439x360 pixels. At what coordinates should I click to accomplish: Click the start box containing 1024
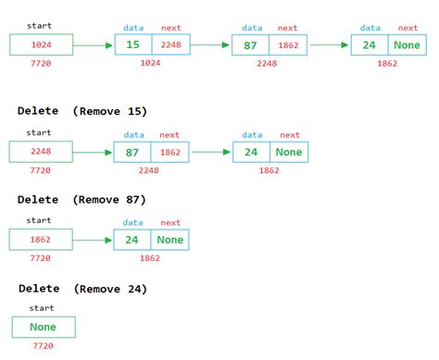[x=40, y=44]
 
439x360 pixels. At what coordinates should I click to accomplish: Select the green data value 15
[x=133, y=44]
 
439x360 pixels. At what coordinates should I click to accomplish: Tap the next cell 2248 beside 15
[x=171, y=44]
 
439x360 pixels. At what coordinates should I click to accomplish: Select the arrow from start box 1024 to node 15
[x=93, y=44]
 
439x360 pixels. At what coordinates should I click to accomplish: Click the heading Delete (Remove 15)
[x=82, y=111]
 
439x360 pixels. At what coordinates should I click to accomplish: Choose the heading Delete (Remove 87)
[x=82, y=200]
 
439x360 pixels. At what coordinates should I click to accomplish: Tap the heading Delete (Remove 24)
[x=82, y=289]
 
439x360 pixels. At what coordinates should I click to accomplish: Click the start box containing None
[x=44, y=327]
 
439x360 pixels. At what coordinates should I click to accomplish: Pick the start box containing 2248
[x=40, y=152]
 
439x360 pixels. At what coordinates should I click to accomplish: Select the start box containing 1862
[x=40, y=240]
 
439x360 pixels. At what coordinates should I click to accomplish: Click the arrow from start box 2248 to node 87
[x=93, y=152]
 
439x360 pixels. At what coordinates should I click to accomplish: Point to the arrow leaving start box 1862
[x=93, y=240]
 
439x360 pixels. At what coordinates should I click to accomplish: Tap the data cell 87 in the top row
[x=250, y=44]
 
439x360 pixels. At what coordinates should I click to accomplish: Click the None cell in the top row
[x=408, y=44]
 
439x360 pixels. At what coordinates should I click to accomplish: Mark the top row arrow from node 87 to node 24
[x=330, y=44]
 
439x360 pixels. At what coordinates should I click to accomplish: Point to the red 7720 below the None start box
[x=44, y=346]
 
